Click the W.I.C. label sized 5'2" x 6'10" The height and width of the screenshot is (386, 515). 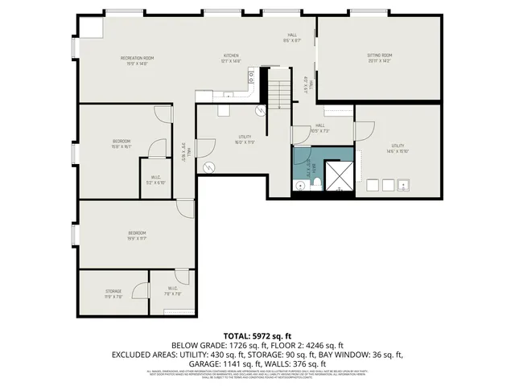coord(156,180)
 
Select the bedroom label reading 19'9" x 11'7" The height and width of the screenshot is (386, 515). coord(137,236)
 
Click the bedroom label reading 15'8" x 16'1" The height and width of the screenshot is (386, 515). coord(122,144)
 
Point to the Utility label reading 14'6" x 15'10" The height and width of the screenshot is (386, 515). coord(398,148)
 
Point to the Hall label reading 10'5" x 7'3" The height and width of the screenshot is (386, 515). coord(319,128)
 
